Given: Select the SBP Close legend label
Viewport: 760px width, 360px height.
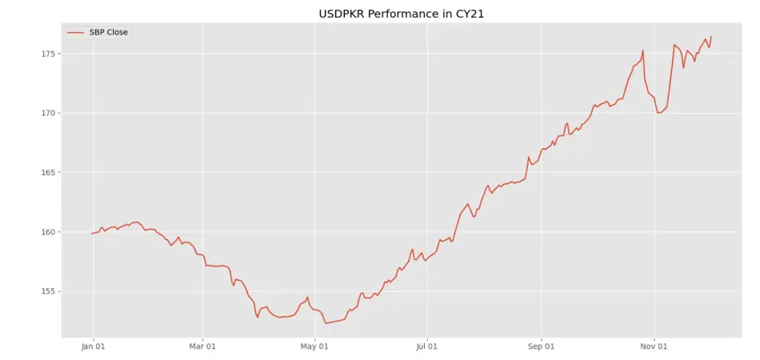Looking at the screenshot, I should [108, 32].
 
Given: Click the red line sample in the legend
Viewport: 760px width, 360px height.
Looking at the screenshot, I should [76, 32].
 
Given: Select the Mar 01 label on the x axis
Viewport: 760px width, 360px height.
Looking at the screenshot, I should [202, 347].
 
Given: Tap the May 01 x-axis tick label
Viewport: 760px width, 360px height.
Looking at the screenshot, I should [314, 347].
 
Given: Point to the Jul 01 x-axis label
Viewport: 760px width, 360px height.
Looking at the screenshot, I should [427, 347].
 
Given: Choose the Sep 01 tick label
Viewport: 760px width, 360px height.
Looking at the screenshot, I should [541, 347].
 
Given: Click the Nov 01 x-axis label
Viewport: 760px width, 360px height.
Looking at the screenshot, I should [654, 347].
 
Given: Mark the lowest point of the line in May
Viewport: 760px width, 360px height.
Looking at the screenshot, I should [326, 323].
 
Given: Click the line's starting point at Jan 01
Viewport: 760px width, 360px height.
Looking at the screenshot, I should [93, 233].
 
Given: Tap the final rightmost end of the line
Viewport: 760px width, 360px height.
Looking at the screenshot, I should [711, 37].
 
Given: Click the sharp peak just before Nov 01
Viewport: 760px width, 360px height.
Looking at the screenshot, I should [643, 50].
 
